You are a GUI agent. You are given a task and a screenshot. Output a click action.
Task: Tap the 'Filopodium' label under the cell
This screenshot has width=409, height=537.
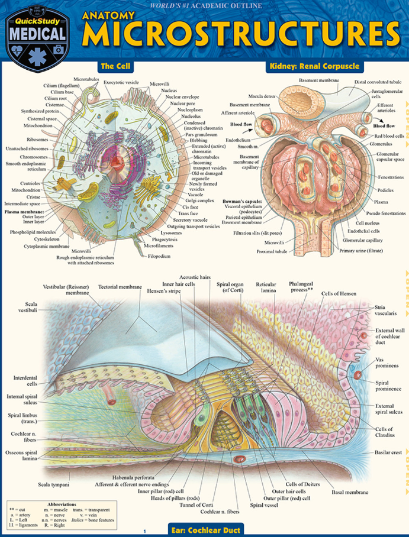(159, 257)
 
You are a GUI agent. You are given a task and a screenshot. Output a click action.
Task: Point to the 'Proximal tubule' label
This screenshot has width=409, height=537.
(273, 250)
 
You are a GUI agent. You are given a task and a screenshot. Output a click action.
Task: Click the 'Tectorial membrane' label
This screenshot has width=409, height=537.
(120, 287)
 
